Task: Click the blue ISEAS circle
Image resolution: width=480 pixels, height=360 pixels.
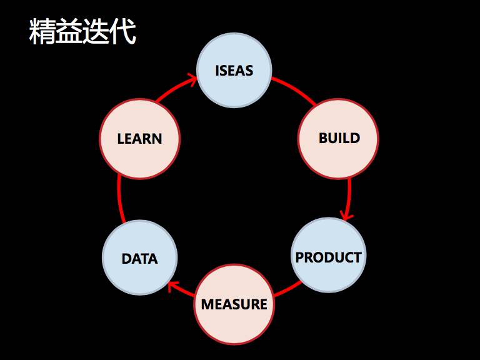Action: point(234,70)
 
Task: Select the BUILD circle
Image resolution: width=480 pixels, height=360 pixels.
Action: point(338,138)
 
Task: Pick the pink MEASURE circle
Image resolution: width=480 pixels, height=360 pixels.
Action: point(234,304)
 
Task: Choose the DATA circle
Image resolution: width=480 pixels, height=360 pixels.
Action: point(139,257)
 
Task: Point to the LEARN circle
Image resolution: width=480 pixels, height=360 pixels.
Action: point(139,138)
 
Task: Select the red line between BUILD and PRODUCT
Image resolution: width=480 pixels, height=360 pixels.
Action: point(349,194)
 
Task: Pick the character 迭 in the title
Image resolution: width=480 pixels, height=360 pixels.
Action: point(96,32)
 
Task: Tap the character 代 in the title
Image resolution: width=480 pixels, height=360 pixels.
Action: point(122,32)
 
